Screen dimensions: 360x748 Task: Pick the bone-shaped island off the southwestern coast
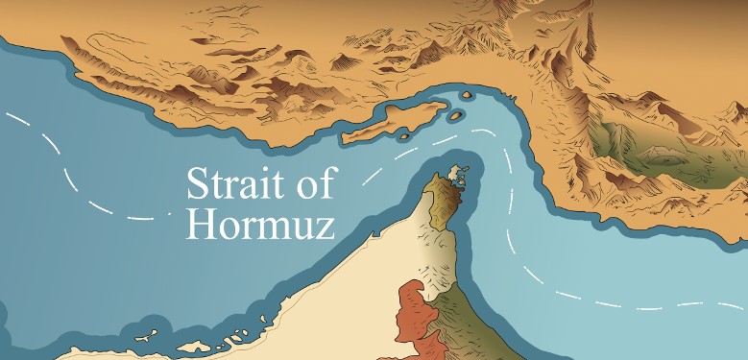(146, 337)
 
